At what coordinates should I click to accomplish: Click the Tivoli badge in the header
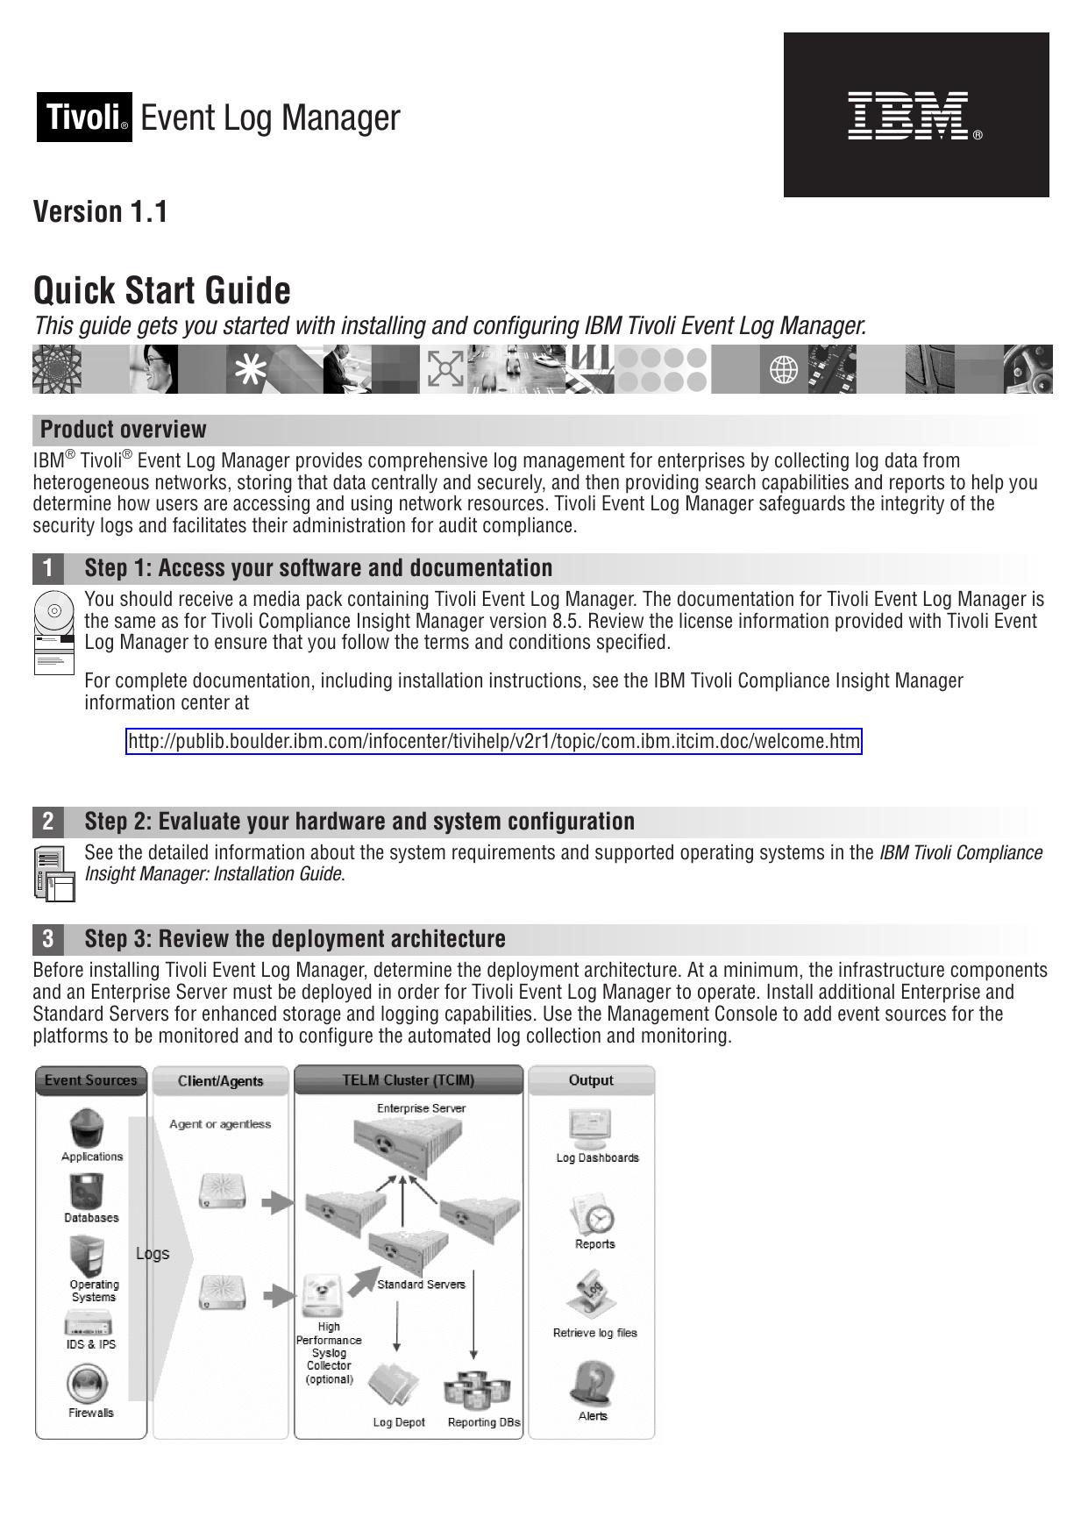tap(84, 117)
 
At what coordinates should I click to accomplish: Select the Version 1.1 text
tap(100, 211)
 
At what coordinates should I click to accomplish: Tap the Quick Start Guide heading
tap(162, 290)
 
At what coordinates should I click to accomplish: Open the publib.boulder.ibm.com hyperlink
tap(494, 742)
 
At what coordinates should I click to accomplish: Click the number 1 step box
tap(48, 568)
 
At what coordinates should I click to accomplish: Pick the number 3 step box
tap(48, 939)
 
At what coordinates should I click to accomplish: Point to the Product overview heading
tap(124, 430)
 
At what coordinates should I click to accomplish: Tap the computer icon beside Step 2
tap(54, 873)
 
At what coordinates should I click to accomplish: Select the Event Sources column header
tap(91, 1080)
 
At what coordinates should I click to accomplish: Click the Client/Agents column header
tap(220, 1081)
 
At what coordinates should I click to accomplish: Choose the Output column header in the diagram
tap(591, 1080)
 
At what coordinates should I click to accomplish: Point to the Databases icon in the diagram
tap(89, 1192)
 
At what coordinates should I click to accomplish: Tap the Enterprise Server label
tap(421, 1108)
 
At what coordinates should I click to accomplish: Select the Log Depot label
tap(399, 1422)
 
